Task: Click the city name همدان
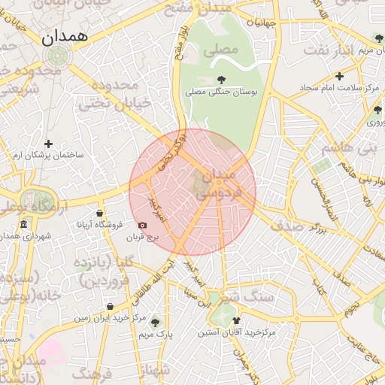coord(65,35)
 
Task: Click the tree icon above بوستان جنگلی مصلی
coord(221,79)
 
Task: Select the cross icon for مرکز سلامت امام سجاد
coord(340,76)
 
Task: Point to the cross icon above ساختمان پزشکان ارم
coord(49,143)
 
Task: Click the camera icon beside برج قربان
coord(143,225)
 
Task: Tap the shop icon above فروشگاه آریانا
coord(99,213)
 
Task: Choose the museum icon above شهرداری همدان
coord(23,225)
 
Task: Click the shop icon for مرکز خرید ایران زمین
coord(111,306)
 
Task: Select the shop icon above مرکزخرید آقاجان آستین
coord(237,321)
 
